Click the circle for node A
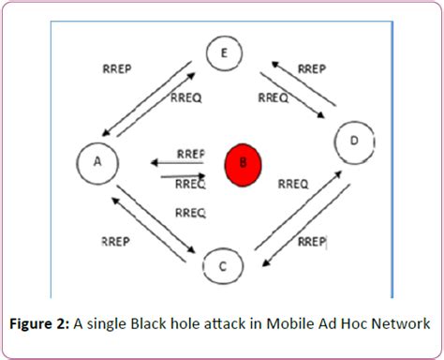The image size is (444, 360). click(96, 162)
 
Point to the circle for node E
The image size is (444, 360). click(223, 54)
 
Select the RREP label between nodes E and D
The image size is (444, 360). click(311, 68)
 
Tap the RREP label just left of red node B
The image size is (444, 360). click(190, 154)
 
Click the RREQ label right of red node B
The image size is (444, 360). click(292, 185)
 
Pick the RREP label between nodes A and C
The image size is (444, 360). click(114, 241)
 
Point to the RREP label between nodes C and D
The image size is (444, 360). click(311, 241)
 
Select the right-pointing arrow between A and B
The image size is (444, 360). click(179, 174)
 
